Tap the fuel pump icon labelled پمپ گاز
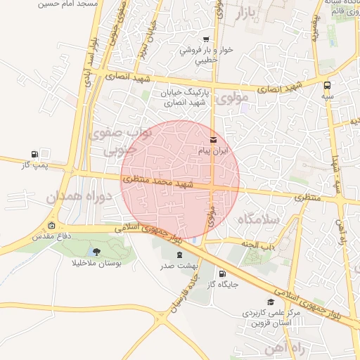34,154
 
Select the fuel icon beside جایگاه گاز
223,274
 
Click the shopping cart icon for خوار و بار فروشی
205,39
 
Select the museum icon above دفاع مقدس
51,226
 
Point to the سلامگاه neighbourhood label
259,219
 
